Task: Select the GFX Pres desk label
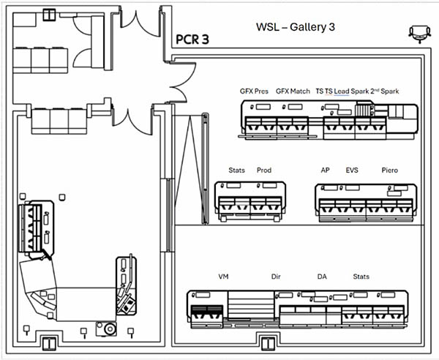(x=254, y=91)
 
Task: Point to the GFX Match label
(x=293, y=91)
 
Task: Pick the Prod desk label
(x=264, y=170)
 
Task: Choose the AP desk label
(x=325, y=170)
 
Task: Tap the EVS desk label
(x=353, y=170)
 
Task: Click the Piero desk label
(x=390, y=170)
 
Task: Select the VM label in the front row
(x=224, y=277)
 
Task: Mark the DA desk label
(x=322, y=277)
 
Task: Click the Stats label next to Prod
(x=236, y=170)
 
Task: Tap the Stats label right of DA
(x=361, y=277)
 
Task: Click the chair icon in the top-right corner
(x=419, y=31)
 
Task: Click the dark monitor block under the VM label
(x=206, y=315)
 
